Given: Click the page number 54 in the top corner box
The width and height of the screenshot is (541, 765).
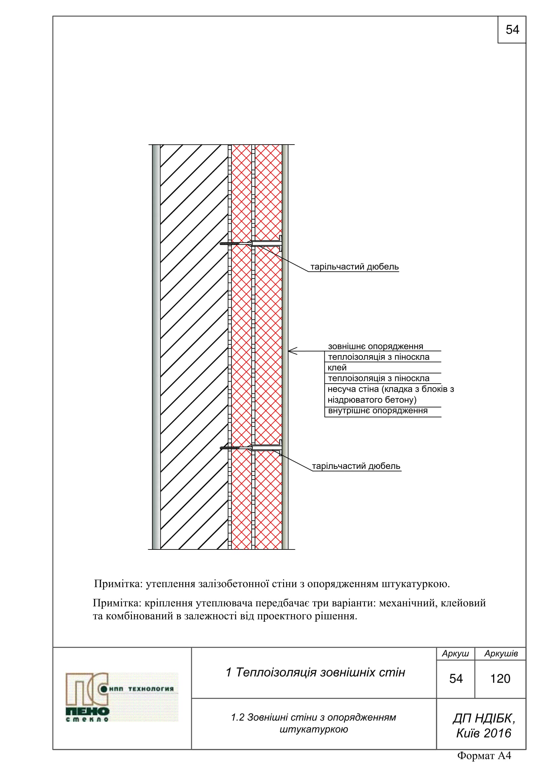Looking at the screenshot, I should (512, 30).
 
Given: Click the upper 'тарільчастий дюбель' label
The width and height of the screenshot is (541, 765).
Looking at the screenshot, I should (354, 267).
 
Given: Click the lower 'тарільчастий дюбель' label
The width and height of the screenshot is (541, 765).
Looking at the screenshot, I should (356, 466).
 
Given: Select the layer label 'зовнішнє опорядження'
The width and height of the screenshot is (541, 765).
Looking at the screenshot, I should (375, 346).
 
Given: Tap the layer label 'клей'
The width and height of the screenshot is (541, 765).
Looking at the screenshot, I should (337, 368).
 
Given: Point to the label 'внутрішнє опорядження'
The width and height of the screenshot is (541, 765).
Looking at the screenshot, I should (378, 411).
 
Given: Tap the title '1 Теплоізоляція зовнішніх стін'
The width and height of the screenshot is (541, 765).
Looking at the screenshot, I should (315, 672).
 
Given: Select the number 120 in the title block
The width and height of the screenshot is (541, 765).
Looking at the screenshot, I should (500, 679).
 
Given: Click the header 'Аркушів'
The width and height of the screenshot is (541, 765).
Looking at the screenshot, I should (501, 654).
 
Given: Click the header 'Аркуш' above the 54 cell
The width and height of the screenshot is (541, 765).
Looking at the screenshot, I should (455, 654).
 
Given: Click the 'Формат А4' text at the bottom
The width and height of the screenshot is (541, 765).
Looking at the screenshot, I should (484, 755).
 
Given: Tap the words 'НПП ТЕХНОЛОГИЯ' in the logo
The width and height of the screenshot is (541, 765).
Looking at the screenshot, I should (142, 689).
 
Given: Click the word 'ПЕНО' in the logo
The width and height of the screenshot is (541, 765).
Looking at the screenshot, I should (87, 711).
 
